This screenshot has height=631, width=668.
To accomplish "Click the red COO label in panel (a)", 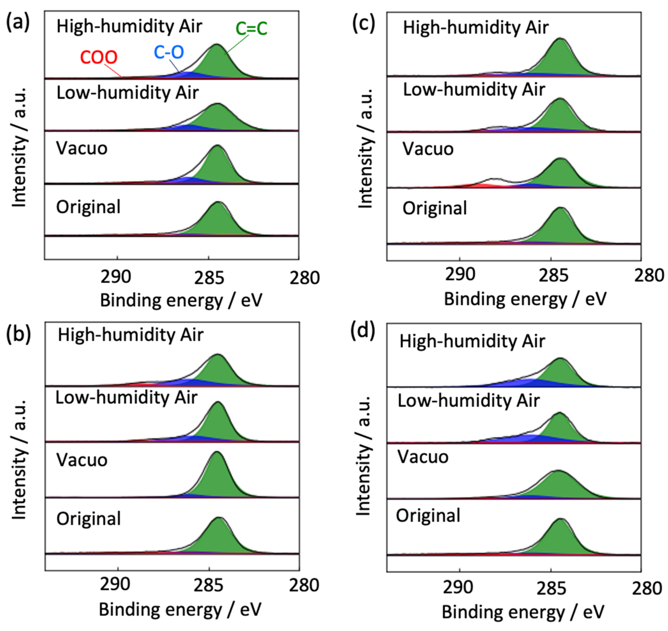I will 99,57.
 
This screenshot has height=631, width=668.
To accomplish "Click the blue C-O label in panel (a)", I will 169,52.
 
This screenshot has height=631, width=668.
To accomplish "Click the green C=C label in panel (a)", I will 251,29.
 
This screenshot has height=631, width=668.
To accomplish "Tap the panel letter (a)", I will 18,23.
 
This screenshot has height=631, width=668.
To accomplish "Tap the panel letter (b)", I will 19,334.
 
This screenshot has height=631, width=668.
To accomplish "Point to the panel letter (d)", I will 363,332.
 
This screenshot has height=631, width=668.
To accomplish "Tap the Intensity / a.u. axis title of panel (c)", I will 366,148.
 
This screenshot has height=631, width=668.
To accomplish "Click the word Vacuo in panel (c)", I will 428,149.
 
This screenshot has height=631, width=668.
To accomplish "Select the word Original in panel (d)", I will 428,515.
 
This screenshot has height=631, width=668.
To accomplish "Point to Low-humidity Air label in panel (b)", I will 126,398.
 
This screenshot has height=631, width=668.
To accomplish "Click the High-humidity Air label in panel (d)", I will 472,342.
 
